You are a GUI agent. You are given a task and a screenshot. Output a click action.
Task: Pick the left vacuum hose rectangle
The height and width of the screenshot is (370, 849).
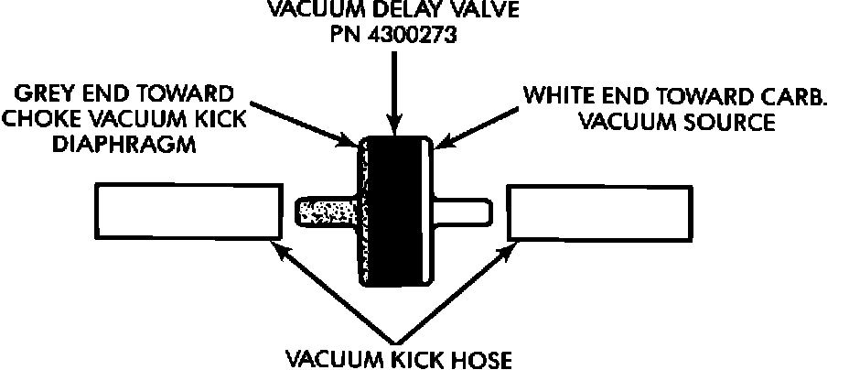pyautogui.click(x=188, y=212)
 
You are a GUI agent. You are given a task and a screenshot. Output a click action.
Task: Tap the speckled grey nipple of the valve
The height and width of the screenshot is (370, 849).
pyautogui.click(x=325, y=212)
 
